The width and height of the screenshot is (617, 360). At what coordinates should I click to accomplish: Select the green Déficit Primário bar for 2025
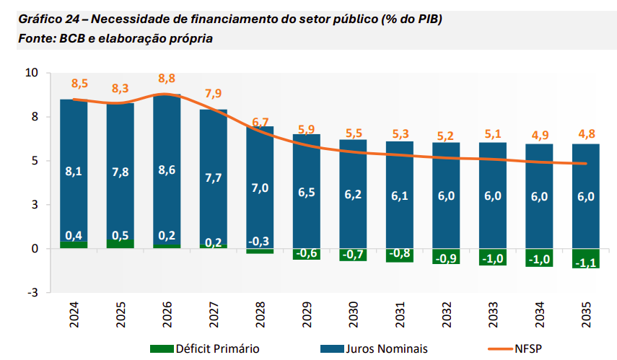120,243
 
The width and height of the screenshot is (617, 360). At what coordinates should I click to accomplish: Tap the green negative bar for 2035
585,258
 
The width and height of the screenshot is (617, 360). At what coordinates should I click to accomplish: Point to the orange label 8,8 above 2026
167,78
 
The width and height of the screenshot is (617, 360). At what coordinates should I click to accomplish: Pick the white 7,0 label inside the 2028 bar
261,188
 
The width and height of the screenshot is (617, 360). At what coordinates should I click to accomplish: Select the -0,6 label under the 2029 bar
307,253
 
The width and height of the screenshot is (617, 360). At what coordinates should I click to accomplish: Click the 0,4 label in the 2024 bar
74,235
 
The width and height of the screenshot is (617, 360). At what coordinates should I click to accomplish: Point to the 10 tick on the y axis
31,73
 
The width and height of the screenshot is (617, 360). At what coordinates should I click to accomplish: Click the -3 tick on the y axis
32,292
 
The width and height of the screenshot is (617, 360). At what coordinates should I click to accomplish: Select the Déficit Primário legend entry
205,348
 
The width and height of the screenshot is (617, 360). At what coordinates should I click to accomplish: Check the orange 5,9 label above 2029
307,129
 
